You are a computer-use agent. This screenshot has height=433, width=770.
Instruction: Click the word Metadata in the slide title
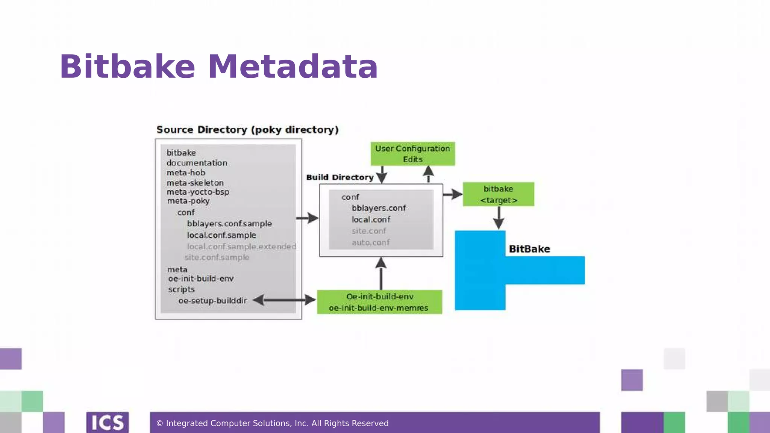click(293, 67)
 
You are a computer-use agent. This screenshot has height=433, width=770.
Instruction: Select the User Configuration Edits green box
click(412, 154)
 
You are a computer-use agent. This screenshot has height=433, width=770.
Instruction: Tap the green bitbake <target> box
click(498, 194)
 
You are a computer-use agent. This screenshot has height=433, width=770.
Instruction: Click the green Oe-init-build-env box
click(379, 302)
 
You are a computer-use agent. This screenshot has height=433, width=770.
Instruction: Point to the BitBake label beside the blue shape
click(529, 249)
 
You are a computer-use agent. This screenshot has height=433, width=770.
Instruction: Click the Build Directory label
click(340, 177)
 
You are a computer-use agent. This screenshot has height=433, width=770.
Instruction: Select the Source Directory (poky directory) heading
click(247, 130)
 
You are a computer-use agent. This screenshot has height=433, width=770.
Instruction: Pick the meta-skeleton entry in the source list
click(195, 183)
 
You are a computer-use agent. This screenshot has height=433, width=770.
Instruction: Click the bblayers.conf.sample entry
click(229, 224)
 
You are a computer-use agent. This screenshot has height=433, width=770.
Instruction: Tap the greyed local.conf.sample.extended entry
click(241, 247)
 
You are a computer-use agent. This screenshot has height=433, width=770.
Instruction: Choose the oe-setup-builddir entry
click(212, 301)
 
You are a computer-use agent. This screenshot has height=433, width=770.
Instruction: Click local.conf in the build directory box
click(371, 220)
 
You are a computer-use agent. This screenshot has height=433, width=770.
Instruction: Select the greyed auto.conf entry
click(371, 242)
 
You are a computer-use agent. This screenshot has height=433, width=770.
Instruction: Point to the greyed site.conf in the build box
click(369, 231)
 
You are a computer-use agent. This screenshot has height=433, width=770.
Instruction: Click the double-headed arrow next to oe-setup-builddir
click(284, 300)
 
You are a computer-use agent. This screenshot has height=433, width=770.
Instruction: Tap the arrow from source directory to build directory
click(307, 218)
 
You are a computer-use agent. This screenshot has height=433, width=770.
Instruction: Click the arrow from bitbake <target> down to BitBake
click(499, 218)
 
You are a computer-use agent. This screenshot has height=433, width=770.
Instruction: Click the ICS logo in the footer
click(108, 422)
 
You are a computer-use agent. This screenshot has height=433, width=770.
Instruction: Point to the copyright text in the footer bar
click(272, 423)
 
